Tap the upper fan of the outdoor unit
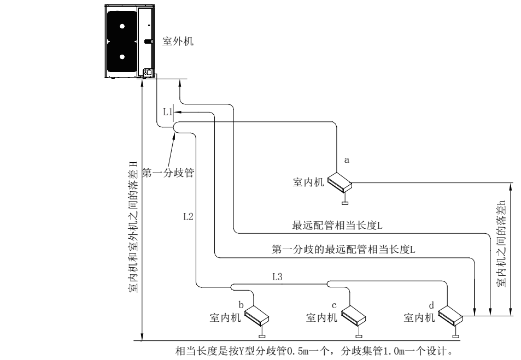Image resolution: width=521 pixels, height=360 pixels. pyautogui.click(x=122, y=25)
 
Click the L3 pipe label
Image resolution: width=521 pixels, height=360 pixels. pyautogui.click(x=278, y=277)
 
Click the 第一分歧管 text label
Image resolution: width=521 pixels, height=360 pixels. pyautogui.click(x=169, y=173)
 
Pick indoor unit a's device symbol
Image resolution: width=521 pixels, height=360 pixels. pyautogui.click(x=340, y=183)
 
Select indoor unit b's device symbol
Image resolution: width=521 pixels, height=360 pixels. pyautogui.click(x=257, y=315)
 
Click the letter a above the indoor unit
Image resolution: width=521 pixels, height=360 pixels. pyautogui.click(x=346, y=160)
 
